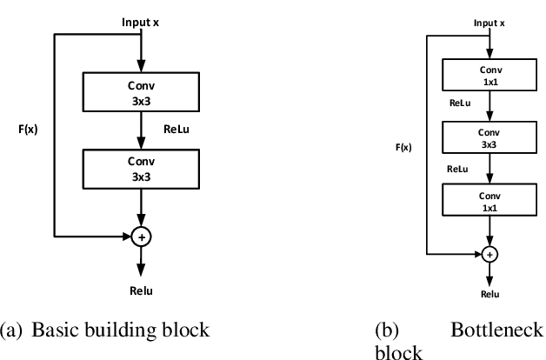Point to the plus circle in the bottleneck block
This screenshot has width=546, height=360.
point(490,254)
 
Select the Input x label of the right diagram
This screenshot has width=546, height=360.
point(489,23)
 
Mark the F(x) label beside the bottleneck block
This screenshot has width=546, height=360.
point(403,148)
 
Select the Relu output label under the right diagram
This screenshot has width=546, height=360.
point(490,295)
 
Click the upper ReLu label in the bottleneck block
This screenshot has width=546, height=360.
point(460,103)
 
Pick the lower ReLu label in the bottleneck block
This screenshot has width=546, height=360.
point(458,170)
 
